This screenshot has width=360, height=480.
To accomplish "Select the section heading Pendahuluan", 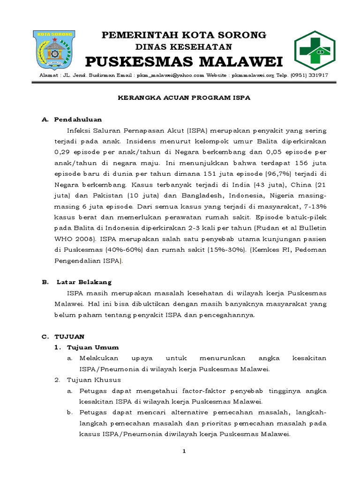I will coord(78,120).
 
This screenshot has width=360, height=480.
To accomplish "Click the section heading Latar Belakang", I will coord(84,282).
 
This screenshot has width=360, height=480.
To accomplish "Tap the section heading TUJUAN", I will coord(69,337).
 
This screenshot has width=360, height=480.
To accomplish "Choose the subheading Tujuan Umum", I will coord(93,347).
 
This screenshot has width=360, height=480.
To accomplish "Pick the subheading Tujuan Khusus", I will coord(94,380).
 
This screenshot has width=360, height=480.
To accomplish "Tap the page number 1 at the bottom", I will coord(184,451).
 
